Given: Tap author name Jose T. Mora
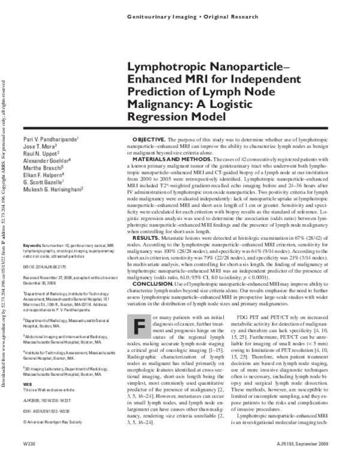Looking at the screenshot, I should point(38,147).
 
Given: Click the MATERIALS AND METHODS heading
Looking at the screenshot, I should point(175,159).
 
